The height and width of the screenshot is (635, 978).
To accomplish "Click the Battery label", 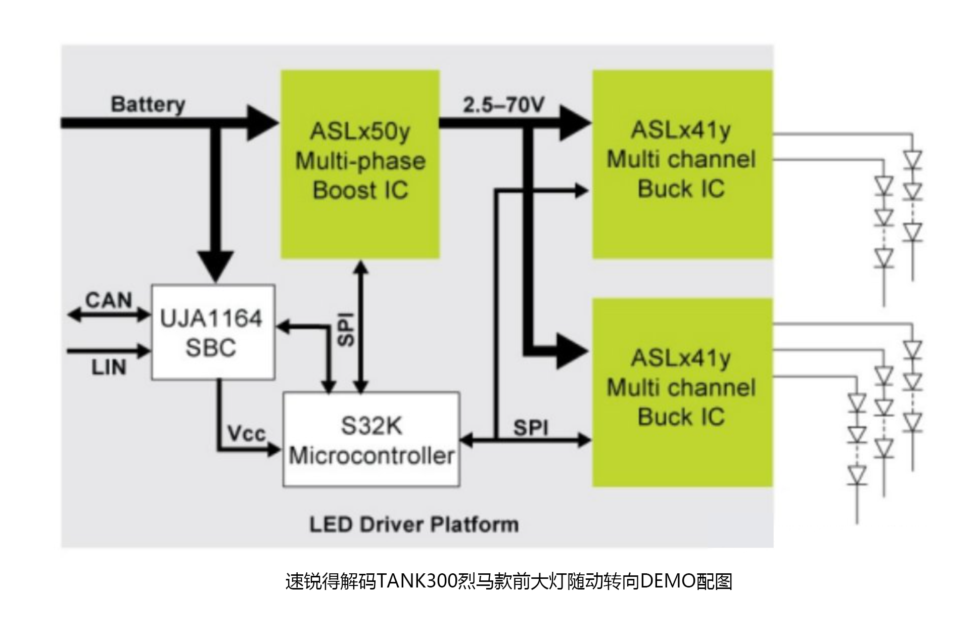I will (x=148, y=105).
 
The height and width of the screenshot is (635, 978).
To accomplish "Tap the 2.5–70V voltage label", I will (x=503, y=105).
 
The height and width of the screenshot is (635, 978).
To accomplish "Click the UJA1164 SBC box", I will (x=213, y=332).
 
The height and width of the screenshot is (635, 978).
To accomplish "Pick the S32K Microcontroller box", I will (x=371, y=439).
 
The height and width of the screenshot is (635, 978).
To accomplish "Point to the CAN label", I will (x=109, y=300).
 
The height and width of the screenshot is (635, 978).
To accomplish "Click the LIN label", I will (x=109, y=368).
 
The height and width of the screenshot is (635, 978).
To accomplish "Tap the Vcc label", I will (x=246, y=433).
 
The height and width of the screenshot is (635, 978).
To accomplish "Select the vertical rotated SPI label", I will (x=346, y=330).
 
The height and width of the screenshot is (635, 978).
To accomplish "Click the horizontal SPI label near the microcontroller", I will (x=531, y=428).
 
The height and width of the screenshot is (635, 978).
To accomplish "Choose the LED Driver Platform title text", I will (x=414, y=524).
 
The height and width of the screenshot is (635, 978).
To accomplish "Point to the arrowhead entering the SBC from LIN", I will (x=143, y=350).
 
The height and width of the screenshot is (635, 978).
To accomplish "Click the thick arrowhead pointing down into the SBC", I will (x=216, y=265).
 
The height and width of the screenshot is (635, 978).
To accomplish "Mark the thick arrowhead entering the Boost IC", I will (x=263, y=123).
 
